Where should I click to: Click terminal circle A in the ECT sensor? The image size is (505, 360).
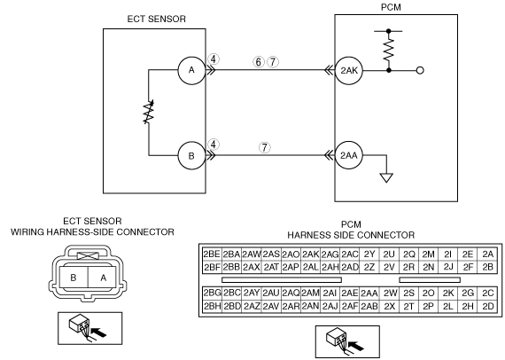[191, 70]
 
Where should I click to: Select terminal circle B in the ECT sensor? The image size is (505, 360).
[191, 156]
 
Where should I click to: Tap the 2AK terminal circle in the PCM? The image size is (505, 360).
[349, 71]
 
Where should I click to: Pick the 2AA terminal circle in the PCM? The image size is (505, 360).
[349, 156]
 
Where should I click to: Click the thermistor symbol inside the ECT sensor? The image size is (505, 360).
[149, 112]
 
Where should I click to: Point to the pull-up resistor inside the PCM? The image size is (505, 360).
[389, 49]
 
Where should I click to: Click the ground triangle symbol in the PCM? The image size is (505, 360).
[386, 178]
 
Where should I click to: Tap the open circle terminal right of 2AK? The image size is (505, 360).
[420, 70]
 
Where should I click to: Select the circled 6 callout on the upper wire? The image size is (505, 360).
[259, 62]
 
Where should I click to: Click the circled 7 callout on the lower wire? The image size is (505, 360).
[264, 147]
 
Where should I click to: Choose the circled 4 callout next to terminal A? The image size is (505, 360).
[214, 59]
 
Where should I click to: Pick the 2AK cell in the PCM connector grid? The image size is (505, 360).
[310, 254]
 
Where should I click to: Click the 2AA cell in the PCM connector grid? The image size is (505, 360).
[369, 293]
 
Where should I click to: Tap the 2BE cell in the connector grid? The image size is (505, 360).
[212, 254]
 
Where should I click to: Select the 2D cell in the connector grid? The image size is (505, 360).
[488, 306]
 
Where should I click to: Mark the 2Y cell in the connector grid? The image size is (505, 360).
[369, 254]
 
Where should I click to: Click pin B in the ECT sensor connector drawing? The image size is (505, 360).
[74, 278]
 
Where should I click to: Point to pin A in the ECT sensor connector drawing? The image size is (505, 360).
[103, 278]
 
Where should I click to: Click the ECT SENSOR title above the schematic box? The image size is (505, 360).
[157, 19]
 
